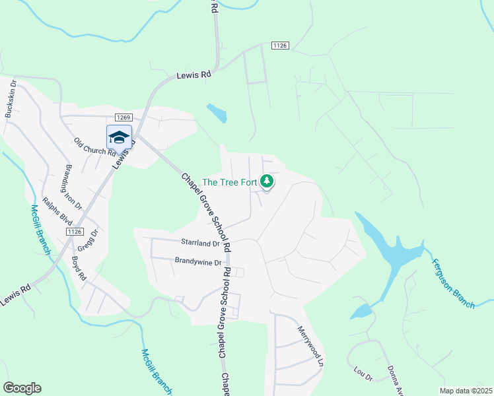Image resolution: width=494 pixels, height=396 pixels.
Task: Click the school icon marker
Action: [x=119, y=137]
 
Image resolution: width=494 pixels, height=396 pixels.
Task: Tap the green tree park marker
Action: [x=267, y=181]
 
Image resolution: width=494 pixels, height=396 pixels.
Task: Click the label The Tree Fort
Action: [x=229, y=182]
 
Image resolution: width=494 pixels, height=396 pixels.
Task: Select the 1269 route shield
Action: [x=123, y=117]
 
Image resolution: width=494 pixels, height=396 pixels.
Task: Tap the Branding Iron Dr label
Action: [x=73, y=187]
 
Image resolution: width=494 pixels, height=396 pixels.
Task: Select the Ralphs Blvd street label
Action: [x=57, y=211]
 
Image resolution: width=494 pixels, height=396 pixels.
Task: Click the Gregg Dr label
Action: [x=87, y=242]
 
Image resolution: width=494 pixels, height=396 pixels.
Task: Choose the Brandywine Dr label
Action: [x=197, y=261]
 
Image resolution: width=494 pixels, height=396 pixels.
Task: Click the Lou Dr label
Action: [x=363, y=374]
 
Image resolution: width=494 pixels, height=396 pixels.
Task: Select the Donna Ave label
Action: [x=395, y=379]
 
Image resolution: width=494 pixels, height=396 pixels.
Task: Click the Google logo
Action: [x=22, y=388]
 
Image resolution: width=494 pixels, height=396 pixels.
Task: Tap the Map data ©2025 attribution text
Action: [x=466, y=391]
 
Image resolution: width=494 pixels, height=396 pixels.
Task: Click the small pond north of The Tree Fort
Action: [x=217, y=113]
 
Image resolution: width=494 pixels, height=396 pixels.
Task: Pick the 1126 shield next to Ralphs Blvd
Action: [x=74, y=232]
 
